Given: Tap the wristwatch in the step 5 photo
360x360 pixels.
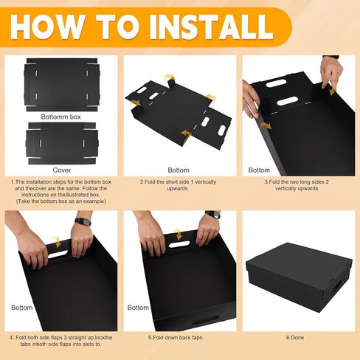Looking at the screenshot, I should tap(212, 215).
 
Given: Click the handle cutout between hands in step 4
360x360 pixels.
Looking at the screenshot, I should tap(58, 254).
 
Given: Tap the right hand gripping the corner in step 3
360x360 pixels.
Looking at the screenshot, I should tap(331, 72).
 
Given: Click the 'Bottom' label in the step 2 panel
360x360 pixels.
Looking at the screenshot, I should tap(178, 170).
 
